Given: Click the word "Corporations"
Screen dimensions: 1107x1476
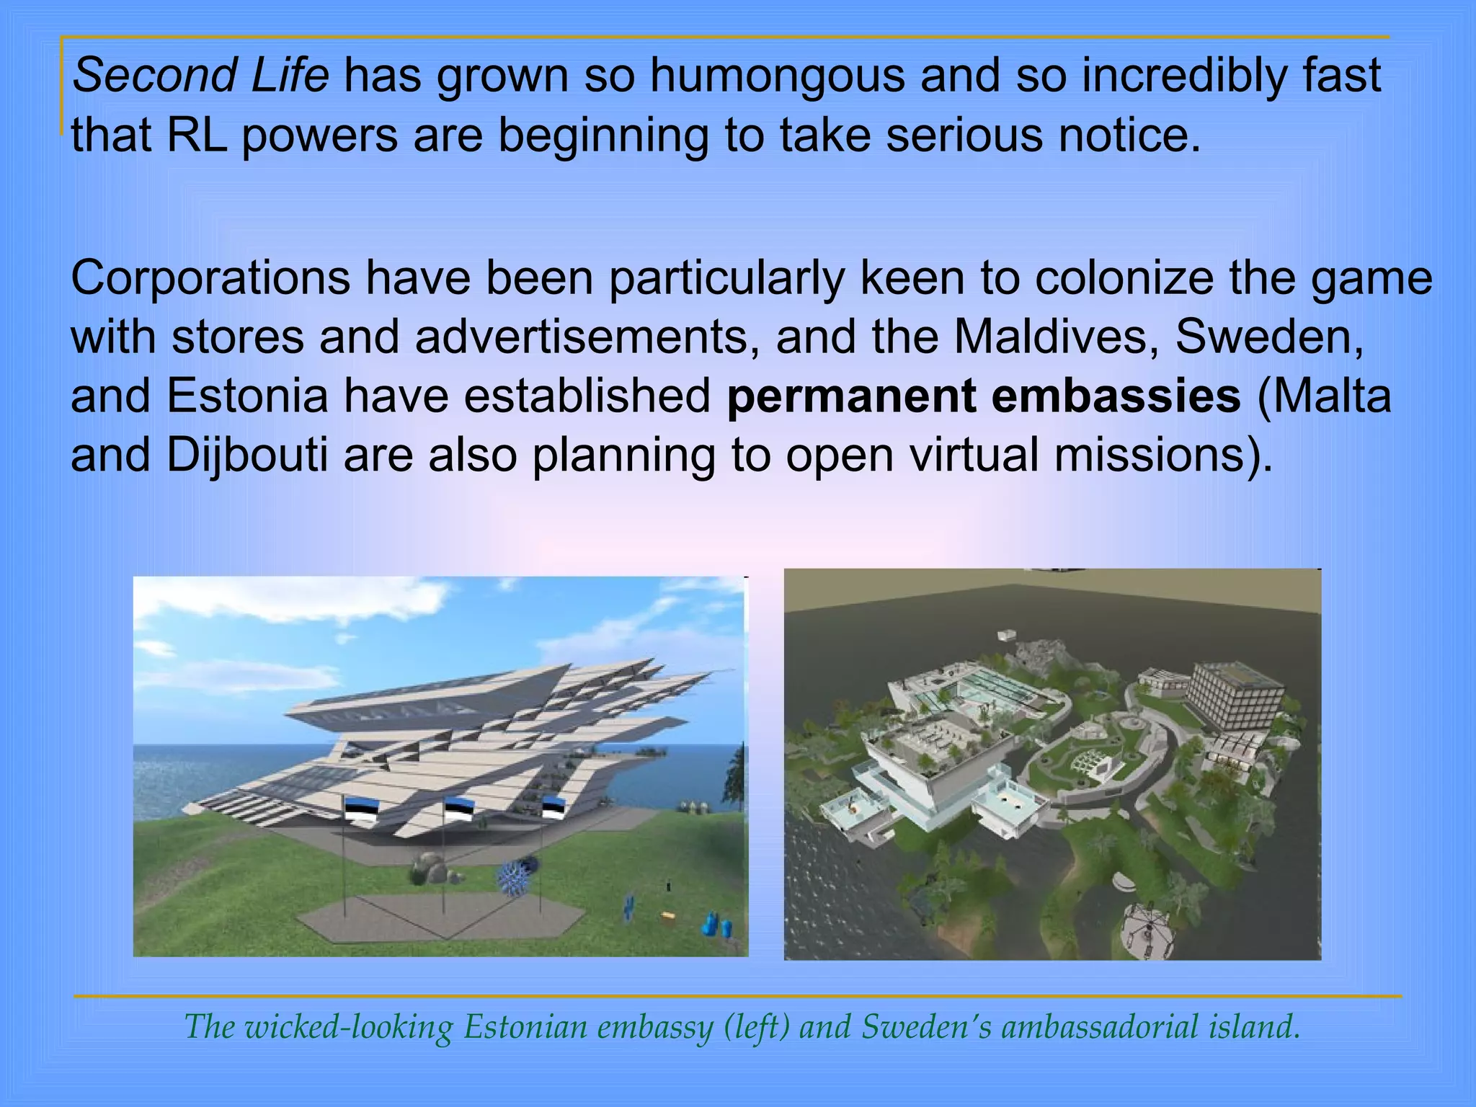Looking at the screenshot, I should pos(210,278).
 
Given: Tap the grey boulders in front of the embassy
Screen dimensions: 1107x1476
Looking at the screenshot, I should pos(432,868).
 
